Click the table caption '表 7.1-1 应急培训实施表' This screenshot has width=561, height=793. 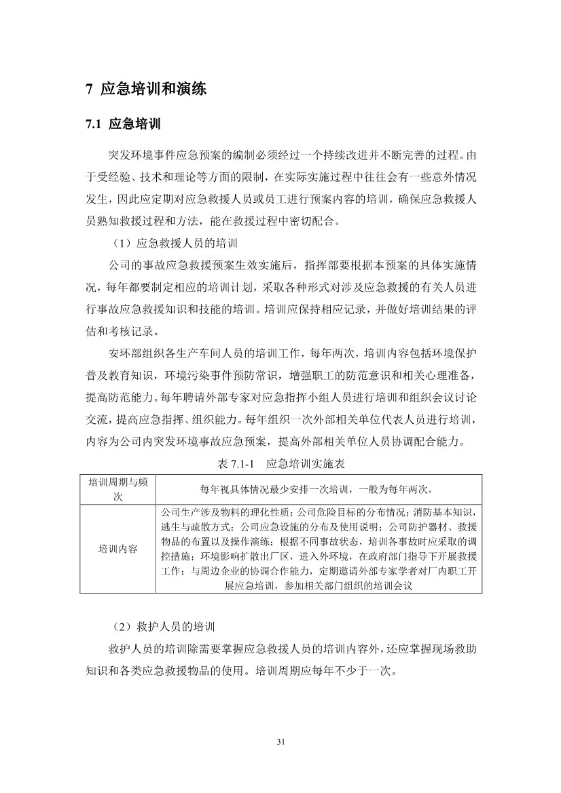[280, 465]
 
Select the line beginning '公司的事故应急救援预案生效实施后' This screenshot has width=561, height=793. [292, 263]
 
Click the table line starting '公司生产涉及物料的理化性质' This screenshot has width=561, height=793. [319, 512]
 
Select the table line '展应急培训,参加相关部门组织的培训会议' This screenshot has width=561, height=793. [319, 585]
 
